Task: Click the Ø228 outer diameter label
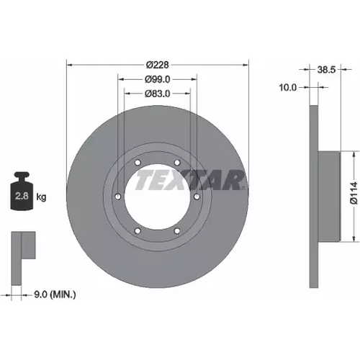[x=158, y=65]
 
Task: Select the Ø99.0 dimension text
[x=158, y=79]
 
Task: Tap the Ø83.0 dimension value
[x=158, y=94]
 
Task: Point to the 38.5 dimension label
[x=326, y=70]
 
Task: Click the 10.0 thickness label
[x=288, y=88]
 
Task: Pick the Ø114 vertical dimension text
[x=354, y=193]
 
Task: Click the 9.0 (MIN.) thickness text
[x=55, y=294]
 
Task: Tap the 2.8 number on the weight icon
[x=22, y=196]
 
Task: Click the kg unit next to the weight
[x=41, y=197]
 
